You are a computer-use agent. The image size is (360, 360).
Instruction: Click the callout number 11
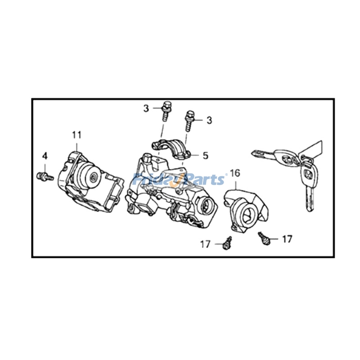76,134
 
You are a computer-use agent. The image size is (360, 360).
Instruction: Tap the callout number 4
45,156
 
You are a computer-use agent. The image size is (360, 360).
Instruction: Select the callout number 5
205,156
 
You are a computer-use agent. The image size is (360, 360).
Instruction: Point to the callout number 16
235,173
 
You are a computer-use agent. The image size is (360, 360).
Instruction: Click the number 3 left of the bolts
146,108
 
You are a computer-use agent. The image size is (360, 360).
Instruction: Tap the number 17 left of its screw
206,244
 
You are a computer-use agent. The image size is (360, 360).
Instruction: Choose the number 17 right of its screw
287,238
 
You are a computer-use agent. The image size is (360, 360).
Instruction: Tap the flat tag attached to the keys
315,151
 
